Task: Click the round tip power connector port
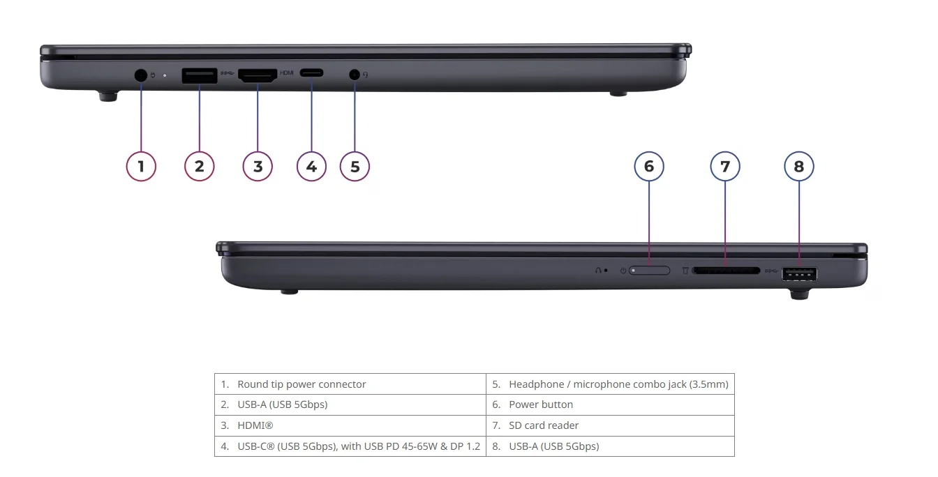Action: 141,75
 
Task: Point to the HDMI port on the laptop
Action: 258,75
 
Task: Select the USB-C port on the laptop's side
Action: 311,73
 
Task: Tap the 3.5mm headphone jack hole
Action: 355,75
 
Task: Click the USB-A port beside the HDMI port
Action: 200,76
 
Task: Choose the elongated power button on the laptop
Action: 649,271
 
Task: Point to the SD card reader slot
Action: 726,271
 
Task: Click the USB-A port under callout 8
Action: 799,275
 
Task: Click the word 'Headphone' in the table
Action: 537,384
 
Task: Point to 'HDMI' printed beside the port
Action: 286,73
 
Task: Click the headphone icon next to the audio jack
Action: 366,75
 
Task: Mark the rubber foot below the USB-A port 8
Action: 799,294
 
